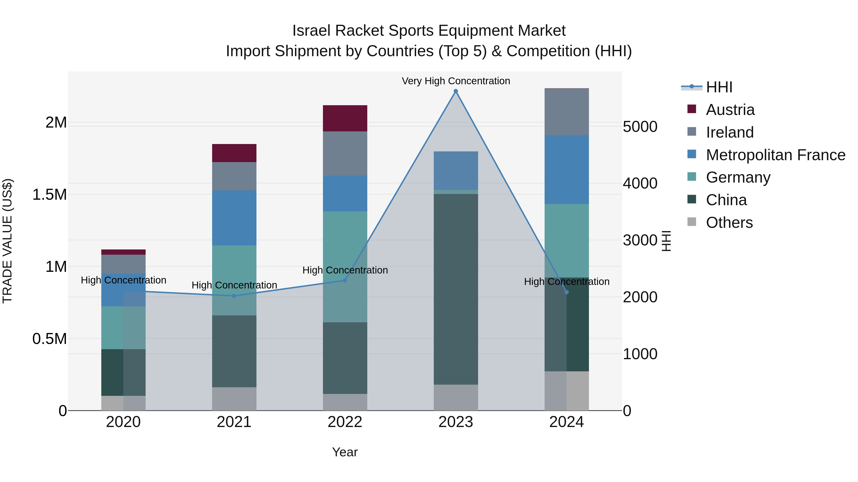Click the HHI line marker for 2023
(456, 91)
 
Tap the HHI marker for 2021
(234, 296)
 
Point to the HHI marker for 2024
(567, 292)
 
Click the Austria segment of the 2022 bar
(345, 119)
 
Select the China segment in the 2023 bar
(456, 289)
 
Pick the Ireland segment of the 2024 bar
(567, 112)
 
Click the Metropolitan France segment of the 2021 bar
(234, 218)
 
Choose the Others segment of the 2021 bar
(234, 399)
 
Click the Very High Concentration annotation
(456, 81)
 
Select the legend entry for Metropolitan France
(775, 155)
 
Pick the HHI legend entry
(719, 87)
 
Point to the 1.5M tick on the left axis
(50, 195)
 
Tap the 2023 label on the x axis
(456, 422)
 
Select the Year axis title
(345, 452)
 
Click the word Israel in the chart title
(312, 31)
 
